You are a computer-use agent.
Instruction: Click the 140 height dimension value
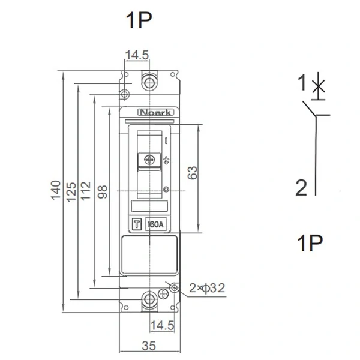56,190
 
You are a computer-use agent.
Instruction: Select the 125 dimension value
71,192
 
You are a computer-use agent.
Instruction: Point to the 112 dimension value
86,191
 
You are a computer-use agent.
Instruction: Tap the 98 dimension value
102,192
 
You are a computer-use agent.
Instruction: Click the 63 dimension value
192,173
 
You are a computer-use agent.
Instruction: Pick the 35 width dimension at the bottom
149,346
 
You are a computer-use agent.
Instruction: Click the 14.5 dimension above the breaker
137,55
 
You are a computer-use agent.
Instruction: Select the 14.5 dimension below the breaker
162,325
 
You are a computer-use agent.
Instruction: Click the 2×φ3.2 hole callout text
207,288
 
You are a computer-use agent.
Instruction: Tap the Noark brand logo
155,112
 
